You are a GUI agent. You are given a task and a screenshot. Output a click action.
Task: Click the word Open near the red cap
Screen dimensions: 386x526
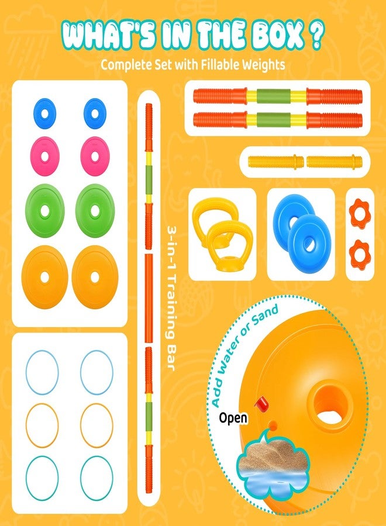pyautogui.click(x=233, y=418)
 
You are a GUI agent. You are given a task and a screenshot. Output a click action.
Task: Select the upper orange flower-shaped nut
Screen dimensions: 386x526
pyautogui.click(x=359, y=213)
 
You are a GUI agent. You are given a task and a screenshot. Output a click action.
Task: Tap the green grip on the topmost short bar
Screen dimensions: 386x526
pyautogui.click(x=274, y=96)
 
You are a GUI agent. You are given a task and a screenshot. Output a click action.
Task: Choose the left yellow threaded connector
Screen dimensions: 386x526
pyautogui.click(x=276, y=162)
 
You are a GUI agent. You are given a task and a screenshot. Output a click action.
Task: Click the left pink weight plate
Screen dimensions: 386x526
pyautogui.click(x=44, y=156)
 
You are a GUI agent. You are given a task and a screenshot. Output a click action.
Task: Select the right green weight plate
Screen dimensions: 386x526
pyautogui.click(x=95, y=210)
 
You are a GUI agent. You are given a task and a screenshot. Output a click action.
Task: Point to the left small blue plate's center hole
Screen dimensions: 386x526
pyautogui.click(x=44, y=113)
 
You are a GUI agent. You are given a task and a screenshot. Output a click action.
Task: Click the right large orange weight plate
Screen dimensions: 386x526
pyautogui.click(x=95, y=277)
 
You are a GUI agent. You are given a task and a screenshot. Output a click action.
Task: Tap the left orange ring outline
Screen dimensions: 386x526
pyautogui.click(x=42, y=425)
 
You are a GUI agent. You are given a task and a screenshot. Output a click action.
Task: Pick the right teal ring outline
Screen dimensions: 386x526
pyautogui.click(x=96, y=477)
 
